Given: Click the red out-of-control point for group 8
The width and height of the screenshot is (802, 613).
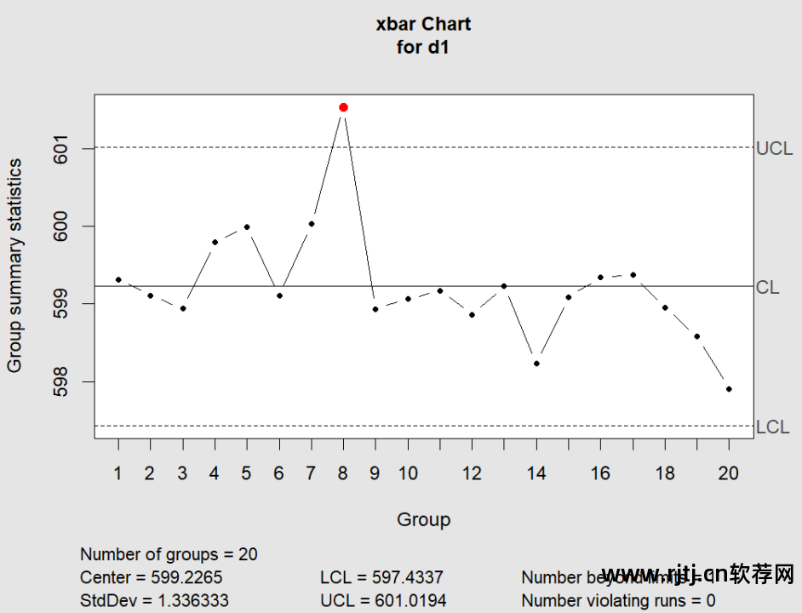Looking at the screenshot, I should pyautogui.click(x=343, y=107).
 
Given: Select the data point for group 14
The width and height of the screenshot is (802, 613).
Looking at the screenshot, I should pyautogui.click(x=536, y=364).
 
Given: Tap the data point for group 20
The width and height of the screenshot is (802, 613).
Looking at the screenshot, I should pyautogui.click(x=729, y=389).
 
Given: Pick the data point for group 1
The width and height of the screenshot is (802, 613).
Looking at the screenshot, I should pyautogui.click(x=118, y=279).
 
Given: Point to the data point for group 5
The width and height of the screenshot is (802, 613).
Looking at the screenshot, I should pyautogui.click(x=247, y=226).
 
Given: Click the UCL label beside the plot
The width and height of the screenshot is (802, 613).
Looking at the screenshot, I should pyautogui.click(x=774, y=149).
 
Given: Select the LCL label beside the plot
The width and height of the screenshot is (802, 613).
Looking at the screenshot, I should pyautogui.click(x=772, y=427).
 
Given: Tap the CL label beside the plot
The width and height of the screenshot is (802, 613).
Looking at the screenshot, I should pyautogui.click(x=767, y=288).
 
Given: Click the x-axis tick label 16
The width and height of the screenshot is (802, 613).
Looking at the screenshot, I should pyautogui.click(x=600, y=473).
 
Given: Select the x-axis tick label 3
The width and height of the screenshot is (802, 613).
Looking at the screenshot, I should pyautogui.click(x=182, y=473).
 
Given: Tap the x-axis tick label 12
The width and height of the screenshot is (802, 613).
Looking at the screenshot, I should pyautogui.click(x=472, y=473).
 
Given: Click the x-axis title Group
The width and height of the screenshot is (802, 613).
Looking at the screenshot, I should pyautogui.click(x=423, y=519).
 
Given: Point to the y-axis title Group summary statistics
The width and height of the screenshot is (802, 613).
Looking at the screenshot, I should pyautogui.click(x=15, y=266).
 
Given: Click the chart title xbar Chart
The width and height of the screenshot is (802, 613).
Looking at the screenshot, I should pyautogui.click(x=423, y=24).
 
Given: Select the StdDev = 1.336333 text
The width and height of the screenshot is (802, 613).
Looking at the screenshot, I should pyautogui.click(x=154, y=600).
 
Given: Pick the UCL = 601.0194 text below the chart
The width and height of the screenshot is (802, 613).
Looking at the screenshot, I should pyautogui.click(x=383, y=600).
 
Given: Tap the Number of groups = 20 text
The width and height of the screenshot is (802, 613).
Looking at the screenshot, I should pyautogui.click(x=169, y=554).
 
